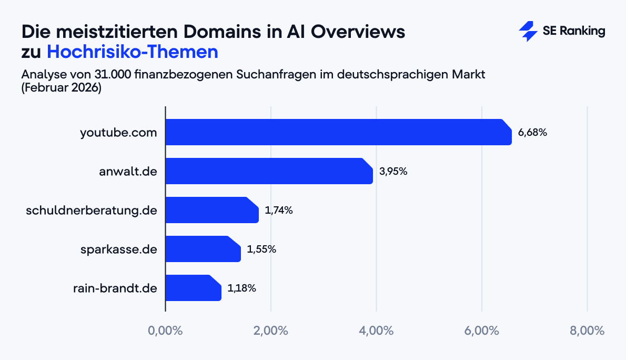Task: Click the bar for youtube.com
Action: point(338,132)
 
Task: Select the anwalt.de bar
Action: point(269,171)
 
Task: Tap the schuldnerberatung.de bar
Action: point(212,210)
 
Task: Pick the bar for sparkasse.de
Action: point(203,249)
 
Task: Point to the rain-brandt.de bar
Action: point(193,288)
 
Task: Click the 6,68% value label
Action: point(532,133)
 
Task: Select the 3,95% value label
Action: point(393,172)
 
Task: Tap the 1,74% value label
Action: point(279,211)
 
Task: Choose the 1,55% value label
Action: point(261,249)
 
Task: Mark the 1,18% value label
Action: point(242,288)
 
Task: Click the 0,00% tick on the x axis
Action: point(165,331)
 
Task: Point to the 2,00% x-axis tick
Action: point(270,331)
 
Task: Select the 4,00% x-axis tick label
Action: point(376,331)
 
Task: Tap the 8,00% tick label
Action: point(587,331)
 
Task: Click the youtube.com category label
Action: point(118,133)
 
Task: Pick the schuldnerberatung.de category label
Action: point(92,211)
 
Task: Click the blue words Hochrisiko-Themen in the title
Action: point(132,52)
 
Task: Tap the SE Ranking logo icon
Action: point(528,32)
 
